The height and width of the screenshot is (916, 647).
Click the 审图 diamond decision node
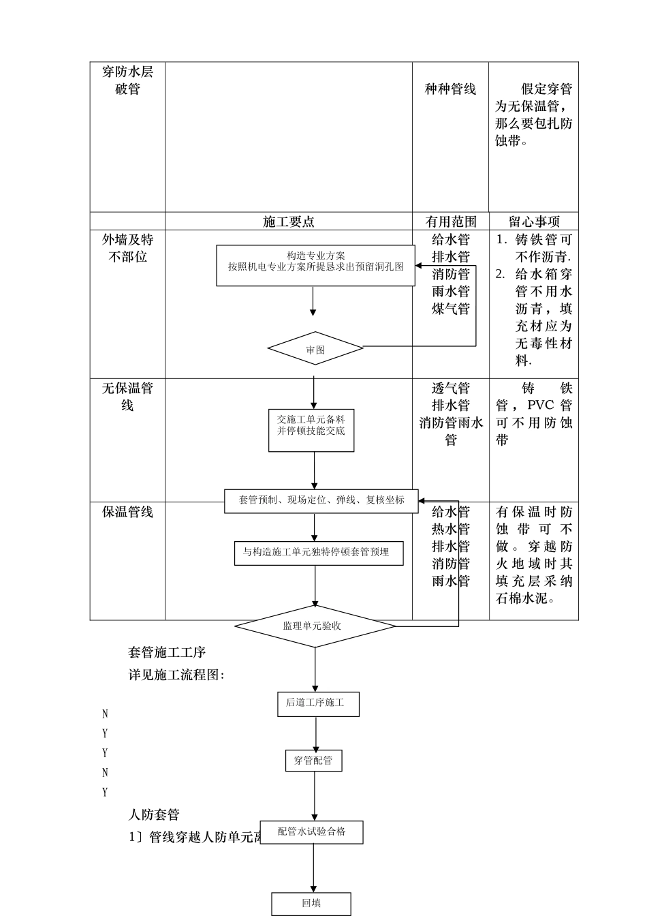click(x=315, y=349)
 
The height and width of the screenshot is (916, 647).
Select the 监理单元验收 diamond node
click(x=315, y=626)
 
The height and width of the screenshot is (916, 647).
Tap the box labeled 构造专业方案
click(x=315, y=265)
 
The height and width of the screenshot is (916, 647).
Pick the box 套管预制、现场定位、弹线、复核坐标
click(x=321, y=500)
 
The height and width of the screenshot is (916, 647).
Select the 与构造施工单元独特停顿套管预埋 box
click(x=318, y=553)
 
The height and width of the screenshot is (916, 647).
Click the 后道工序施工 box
click(x=317, y=703)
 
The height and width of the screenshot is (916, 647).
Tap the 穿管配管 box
click(x=313, y=761)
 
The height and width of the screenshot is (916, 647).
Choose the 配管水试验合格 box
click(x=311, y=832)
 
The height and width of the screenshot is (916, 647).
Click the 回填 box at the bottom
click(x=311, y=904)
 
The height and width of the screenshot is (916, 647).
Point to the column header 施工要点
click(x=288, y=222)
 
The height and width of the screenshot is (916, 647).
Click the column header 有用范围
click(x=450, y=222)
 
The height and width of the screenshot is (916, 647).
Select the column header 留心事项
click(x=534, y=222)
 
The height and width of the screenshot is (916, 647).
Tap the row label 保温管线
click(x=127, y=512)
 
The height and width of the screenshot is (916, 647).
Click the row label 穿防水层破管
click(x=127, y=80)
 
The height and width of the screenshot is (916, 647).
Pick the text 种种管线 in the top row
click(x=450, y=89)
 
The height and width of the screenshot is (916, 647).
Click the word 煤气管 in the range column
click(x=450, y=309)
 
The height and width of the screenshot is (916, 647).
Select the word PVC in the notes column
click(x=541, y=406)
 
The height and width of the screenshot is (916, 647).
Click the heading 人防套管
click(x=154, y=814)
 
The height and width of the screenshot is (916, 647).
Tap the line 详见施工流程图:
click(x=176, y=675)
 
